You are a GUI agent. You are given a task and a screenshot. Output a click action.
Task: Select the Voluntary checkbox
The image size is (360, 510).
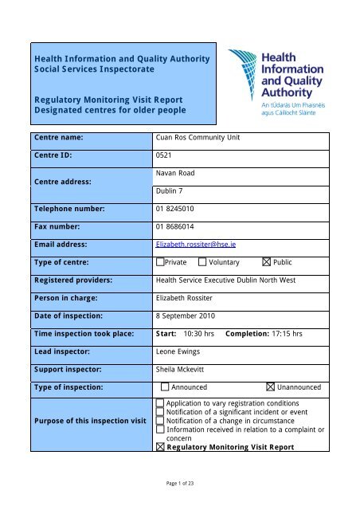coord(202,261)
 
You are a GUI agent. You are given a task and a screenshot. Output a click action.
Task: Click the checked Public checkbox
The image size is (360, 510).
coord(266,261)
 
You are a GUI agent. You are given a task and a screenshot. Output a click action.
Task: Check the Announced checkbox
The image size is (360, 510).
coord(165,387)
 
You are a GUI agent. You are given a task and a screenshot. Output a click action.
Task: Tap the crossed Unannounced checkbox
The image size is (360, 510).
coord(271,387)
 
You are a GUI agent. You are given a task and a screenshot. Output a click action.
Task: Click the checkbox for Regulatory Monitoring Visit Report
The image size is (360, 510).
coord(161,447)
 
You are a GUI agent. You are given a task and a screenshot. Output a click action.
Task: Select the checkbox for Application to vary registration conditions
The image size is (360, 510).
coord(161,405)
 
